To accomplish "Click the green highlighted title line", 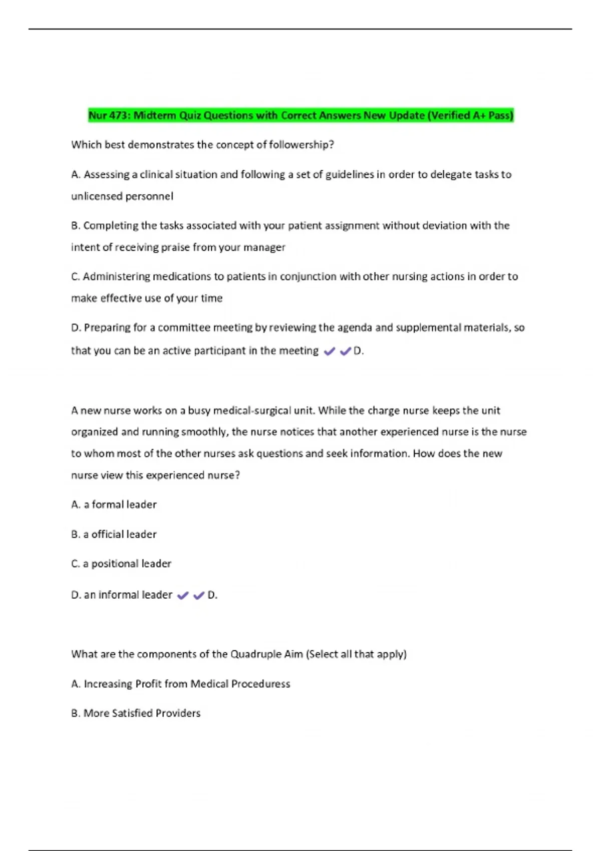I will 300,116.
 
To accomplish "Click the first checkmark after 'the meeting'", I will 330,351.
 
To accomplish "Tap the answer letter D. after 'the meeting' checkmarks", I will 359,351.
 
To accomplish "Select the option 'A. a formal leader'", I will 114,505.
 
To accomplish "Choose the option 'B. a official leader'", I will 114,535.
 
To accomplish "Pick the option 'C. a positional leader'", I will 121,564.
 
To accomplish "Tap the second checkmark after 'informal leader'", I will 199,595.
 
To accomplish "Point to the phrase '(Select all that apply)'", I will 356,654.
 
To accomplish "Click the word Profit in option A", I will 148,684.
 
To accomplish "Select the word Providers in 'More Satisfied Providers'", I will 178,713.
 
